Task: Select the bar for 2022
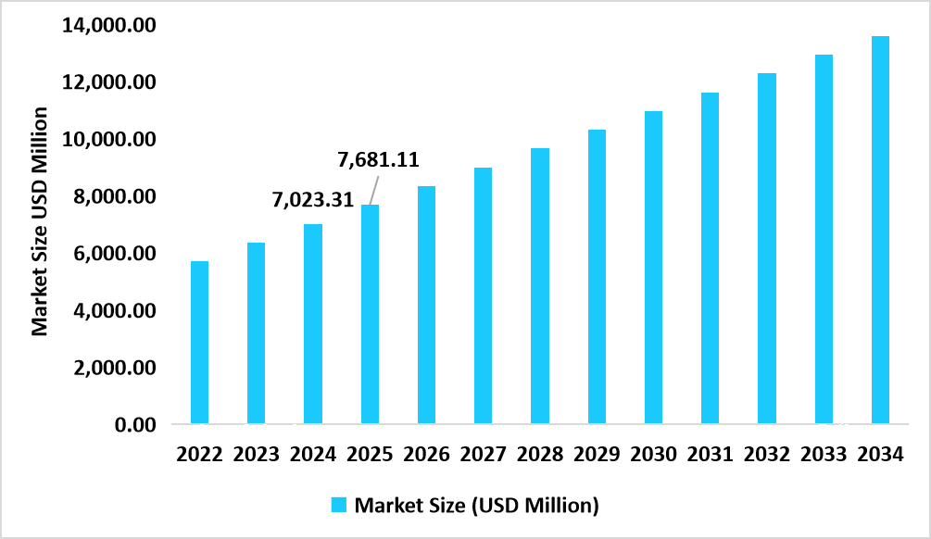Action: (x=199, y=343)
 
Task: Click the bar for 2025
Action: (x=370, y=315)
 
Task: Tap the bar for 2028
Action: (x=540, y=286)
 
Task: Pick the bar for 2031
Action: (x=711, y=258)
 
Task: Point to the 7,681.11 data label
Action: (x=378, y=159)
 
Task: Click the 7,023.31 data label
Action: (x=312, y=199)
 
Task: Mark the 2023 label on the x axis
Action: (x=256, y=455)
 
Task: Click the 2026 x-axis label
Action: (x=426, y=455)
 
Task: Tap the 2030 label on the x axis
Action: (x=653, y=455)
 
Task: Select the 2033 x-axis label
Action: (x=824, y=455)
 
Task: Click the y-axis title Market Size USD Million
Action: (x=40, y=221)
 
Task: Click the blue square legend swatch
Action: (x=339, y=505)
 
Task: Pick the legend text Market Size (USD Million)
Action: (x=477, y=505)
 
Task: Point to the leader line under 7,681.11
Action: (x=371, y=190)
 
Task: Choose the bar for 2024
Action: (x=313, y=324)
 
